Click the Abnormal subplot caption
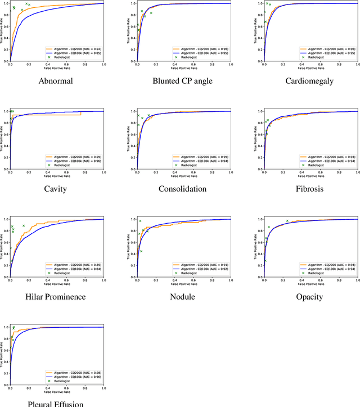56,80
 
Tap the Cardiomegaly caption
309,80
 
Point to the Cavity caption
56,188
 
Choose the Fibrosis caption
309,188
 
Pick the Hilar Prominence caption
56,296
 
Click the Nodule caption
183,296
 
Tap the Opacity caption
309,296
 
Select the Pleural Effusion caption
56,404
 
